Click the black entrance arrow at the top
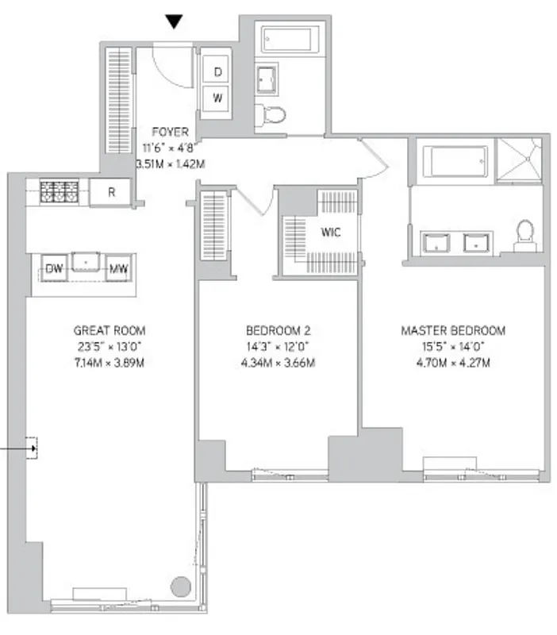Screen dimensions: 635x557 click(175, 23)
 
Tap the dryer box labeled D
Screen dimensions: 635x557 click(217, 71)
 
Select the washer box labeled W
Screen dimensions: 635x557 click(217, 99)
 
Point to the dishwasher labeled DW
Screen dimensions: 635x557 click(54, 269)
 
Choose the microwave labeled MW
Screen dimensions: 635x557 click(119, 269)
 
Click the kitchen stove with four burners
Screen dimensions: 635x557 click(60, 190)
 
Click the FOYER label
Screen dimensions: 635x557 click(171, 133)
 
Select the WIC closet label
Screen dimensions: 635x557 click(331, 233)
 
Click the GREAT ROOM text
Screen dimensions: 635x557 click(109, 330)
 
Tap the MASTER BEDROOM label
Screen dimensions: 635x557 click(453, 330)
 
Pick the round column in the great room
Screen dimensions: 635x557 click(181, 588)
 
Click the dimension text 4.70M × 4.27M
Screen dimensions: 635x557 click(453, 364)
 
